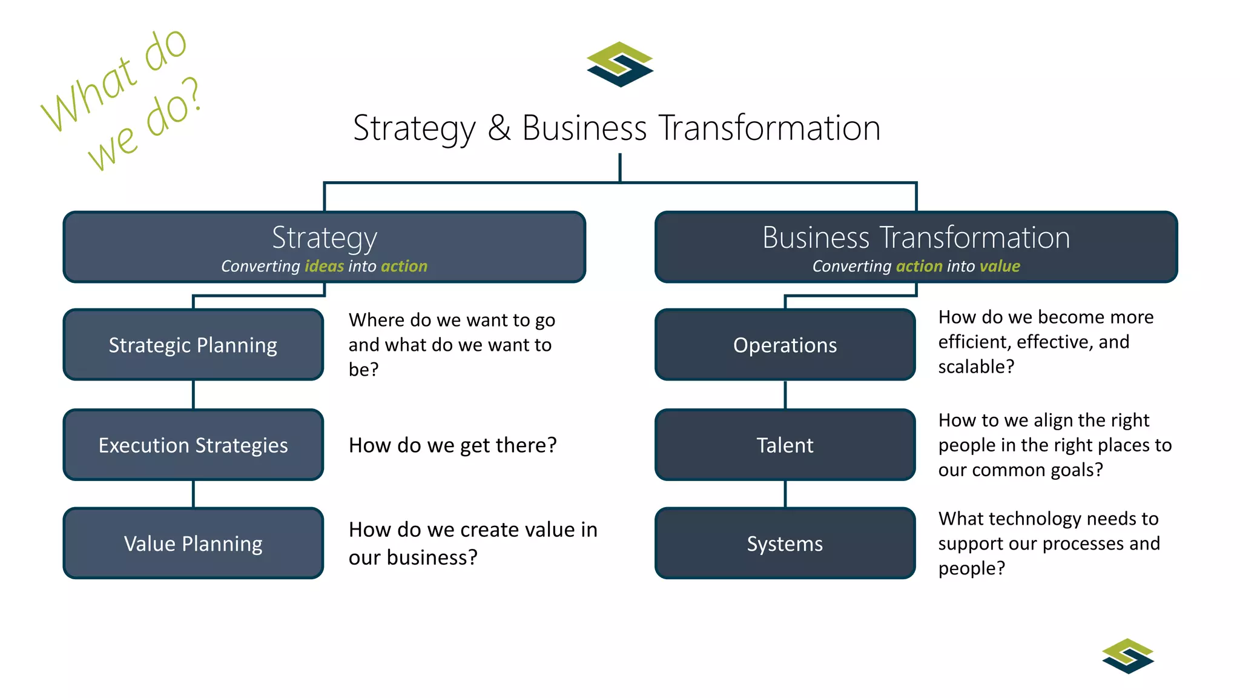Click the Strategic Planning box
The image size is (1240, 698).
pyautogui.click(x=193, y=345)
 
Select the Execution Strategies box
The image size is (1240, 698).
pyautogui.click(x=193, y=445)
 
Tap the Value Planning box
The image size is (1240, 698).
pyautogui.click(x=193, y=543)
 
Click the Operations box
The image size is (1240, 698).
pyautogui.click(x=785, y=345)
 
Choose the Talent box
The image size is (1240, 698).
pyautogui.click(x=785, y=445)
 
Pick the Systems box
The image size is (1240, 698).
pyautogui.click(x=785, y=543)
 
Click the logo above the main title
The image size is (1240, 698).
pyautogui.click(x=620, y=64)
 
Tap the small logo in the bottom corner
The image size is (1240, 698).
pyautogui.click(x=1128, y=656)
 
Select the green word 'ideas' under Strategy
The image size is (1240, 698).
pyautogui.click(x=324, y=266)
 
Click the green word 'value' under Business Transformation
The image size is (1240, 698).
pyautogui.click(x=1000, y=266)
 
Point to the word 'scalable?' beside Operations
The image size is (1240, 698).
pyautogui.click(x=976, y=367)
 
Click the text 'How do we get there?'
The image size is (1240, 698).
pyautogui.click(x=452, y=445)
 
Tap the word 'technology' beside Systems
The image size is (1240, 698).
pyautogui.click(x=1035, y=519)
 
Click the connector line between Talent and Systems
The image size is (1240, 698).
pyautogui.click(x=785, y=494)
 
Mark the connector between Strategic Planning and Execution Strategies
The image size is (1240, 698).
pyautogui.click(x=193, y=394)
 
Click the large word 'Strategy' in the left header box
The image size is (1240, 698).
pyautogui.click(x=325, y=238)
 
